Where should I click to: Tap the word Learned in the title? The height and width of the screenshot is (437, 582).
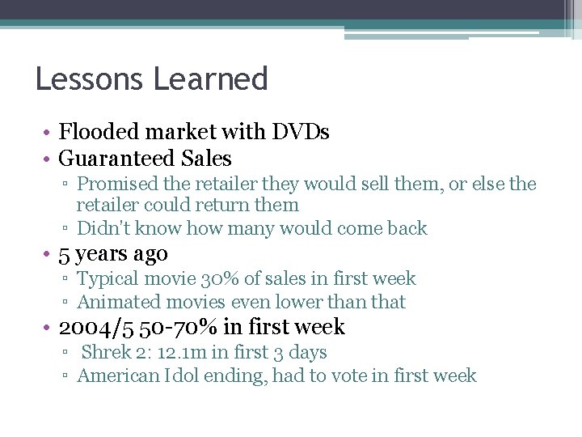click(209, 78)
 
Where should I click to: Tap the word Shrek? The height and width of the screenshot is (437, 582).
click(106, 353)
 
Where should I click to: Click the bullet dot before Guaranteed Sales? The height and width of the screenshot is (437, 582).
click(49, 159)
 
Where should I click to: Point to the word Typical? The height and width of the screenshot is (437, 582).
click(106, 279)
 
